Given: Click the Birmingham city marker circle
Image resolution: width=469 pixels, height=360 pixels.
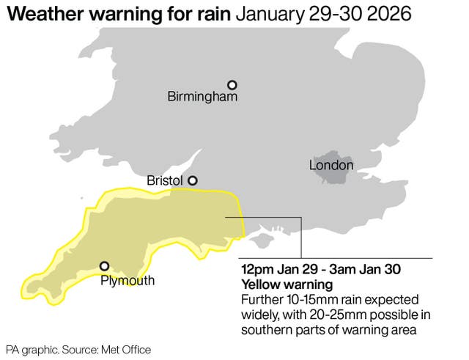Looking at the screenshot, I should [x=232, y=85].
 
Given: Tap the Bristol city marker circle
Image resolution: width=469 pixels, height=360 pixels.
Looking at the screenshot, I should [x=193, y=180].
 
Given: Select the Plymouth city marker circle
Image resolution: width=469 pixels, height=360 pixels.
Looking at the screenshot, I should [x=105, y=266].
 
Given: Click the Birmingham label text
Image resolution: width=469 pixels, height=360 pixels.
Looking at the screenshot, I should [x=202, y=97].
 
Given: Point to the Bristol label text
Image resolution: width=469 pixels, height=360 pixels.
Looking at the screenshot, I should [x=165, y=180].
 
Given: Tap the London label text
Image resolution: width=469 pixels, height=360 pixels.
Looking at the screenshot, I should [x=331, y=166].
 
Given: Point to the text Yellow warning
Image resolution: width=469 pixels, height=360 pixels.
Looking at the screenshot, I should [x=287, y=284].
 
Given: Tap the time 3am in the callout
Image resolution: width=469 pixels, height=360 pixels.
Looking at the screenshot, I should [x=348, y=269].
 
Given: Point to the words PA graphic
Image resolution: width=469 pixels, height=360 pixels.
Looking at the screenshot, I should [x=29, y=350].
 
